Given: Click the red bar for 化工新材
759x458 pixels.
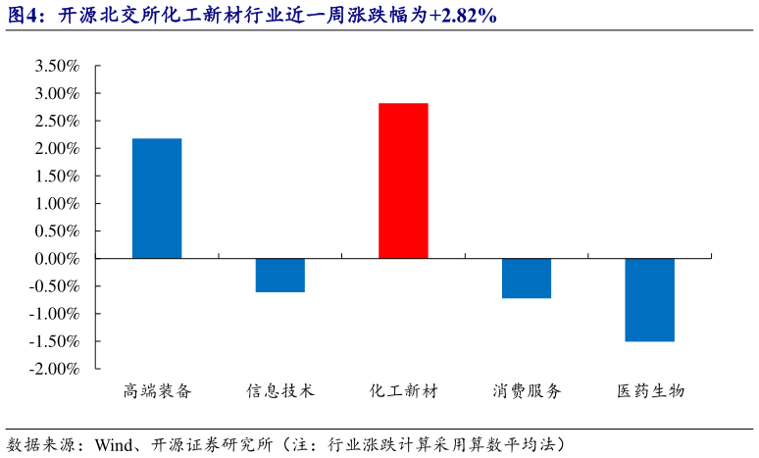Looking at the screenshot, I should pos(403,180).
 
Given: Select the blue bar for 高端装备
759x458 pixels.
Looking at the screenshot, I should pos(157,198).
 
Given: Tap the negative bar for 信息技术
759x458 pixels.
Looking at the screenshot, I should pos(280,276).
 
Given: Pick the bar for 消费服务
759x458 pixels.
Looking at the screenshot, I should pos(527,279).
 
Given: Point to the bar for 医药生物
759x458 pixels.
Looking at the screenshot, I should pos(650,300).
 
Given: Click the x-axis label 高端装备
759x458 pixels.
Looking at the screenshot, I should pos(157,390).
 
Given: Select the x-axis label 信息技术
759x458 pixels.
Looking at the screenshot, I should pos(280,390).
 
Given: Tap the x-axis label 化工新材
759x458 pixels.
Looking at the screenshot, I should pos(403,390).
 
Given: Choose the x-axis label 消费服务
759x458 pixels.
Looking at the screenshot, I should pos(527,390).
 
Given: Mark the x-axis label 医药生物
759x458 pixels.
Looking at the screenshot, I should pos(650,390).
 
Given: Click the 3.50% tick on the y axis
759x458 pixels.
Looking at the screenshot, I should pos(56,67).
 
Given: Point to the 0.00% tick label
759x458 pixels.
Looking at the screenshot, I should pos(56,259).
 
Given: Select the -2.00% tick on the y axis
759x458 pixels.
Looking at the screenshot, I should pos(54,369).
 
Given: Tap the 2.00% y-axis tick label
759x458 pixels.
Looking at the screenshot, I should pos(56,149).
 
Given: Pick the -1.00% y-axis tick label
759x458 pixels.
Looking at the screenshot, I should pos(54,314).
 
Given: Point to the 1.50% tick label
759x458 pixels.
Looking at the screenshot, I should pos(56,177).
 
